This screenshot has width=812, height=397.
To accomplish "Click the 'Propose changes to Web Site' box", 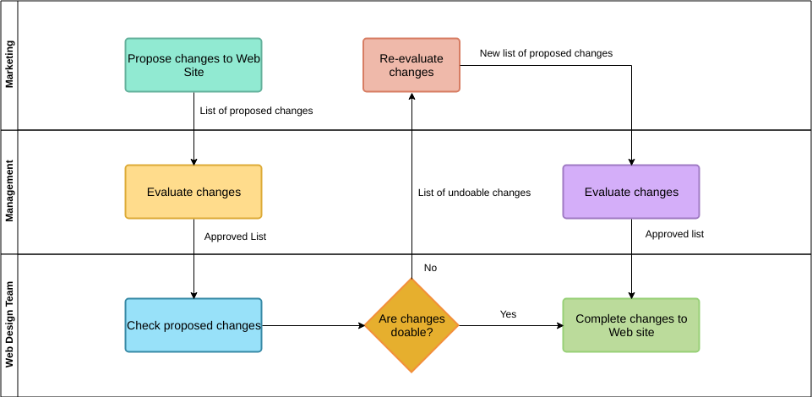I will [193, 65].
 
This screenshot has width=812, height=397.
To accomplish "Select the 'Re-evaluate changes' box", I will [411, 65].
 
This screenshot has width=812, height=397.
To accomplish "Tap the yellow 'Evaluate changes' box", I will [193, 192].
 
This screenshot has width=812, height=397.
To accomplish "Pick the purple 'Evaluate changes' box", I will [631, 192].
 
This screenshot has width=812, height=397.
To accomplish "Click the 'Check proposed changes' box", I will [193, 325].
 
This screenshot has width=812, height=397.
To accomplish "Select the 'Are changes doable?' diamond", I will [411, 325].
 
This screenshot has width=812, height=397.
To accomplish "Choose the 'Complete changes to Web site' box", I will [631, 325].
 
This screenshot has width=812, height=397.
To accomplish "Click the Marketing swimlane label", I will [9, 66].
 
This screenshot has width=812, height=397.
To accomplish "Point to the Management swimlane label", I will [9, 193].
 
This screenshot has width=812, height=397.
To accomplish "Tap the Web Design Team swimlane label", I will [9, 325].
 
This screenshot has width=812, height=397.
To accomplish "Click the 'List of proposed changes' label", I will [256, 111].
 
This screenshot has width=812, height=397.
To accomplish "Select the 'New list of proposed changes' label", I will [546, 53].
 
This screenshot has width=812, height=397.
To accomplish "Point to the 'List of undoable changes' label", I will [474, 193].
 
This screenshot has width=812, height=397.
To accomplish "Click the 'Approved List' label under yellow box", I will [235, 237].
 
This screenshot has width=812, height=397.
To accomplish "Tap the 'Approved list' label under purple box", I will [674, 234].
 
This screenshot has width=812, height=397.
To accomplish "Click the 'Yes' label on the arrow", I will [508, 314].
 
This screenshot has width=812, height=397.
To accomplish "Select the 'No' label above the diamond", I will [430, 268].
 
